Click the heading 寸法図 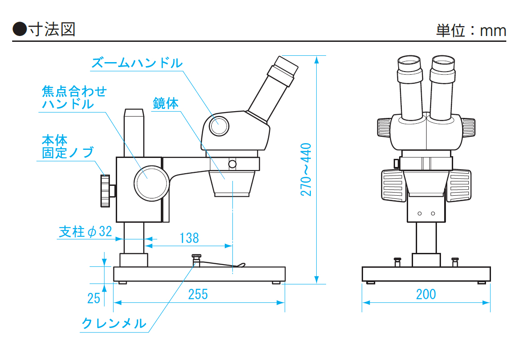[51, 29]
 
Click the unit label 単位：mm [471, 30]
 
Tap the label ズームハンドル [137, 63]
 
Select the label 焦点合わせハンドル [74, 98]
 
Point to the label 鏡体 [166, 103]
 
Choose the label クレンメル [114, 323]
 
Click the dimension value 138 [189, 238]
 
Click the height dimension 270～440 [306, 169]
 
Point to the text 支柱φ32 [85, 232]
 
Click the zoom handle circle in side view [219, 125]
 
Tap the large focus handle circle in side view [151, 183]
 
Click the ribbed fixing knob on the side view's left [105, 191]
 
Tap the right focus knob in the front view [459, 185]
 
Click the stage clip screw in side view [196, 260]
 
